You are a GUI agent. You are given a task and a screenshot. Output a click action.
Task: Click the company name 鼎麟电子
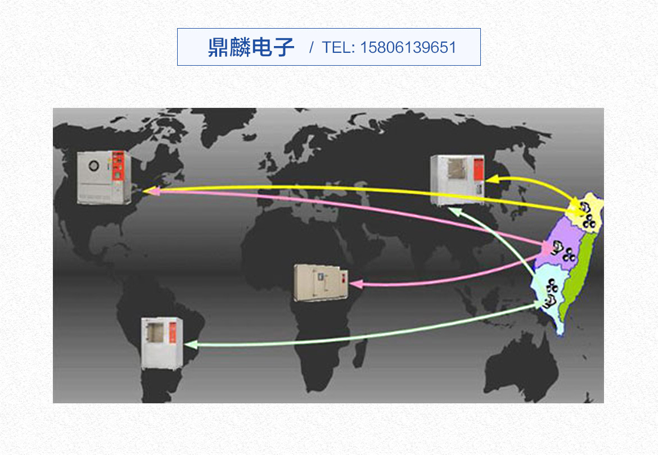tap(251, 47)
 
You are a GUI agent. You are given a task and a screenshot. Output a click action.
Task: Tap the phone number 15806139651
tap(408, 47)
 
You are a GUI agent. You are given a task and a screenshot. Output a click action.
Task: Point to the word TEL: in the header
tap(339, 47)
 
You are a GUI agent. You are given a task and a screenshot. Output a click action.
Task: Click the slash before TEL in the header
tap(312, 47)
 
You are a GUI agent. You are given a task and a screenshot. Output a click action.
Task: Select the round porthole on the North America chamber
tap(93, 165)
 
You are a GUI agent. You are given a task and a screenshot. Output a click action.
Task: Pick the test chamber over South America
tap(162, 343)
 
